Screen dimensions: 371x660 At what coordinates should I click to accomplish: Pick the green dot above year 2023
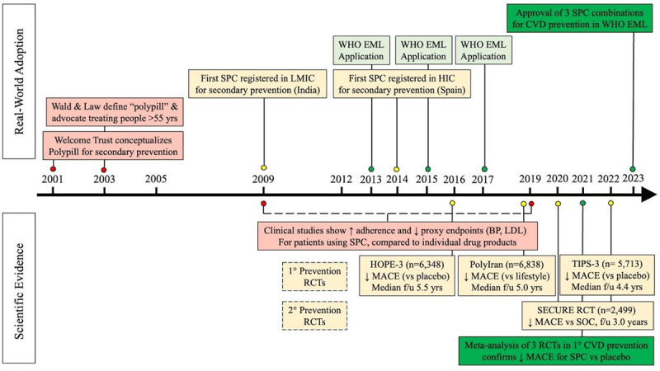click(633, 168)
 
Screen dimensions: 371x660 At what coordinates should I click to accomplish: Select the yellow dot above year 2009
click(263, 167)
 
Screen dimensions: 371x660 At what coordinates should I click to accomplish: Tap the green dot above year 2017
click(484, 168)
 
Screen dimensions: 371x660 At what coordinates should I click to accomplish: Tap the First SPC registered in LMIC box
click(263, 103)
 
